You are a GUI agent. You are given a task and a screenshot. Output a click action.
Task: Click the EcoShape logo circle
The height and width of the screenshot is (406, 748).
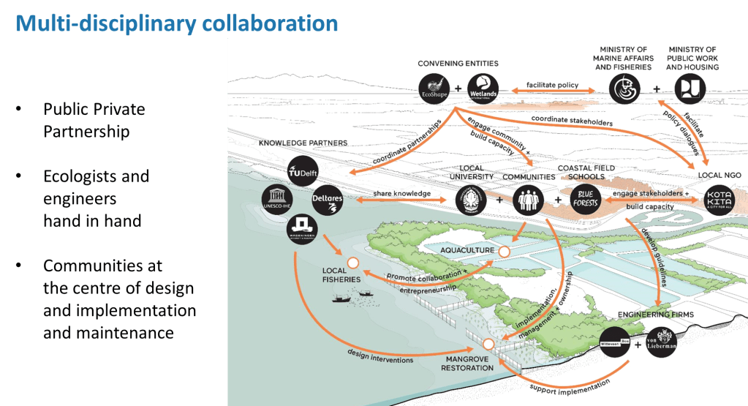(x=434, y=89)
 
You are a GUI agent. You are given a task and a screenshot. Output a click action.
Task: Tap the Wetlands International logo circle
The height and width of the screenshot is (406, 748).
(x=483, y=89)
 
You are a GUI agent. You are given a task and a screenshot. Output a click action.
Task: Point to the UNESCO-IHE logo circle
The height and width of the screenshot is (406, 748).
(x=279, y=200)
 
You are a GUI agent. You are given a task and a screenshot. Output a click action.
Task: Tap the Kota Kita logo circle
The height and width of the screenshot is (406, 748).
(x=717, y=200)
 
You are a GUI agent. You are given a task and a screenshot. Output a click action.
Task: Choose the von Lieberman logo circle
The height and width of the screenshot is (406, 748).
(x=662, y=342)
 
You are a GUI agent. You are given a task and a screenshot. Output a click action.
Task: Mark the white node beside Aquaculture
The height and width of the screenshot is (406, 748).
(x=504, y=251)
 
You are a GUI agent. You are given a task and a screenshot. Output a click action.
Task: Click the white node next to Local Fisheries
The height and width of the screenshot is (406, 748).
(x=353, y=263)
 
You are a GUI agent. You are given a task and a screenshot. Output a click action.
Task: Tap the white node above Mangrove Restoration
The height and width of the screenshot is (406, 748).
(x=488, y=342)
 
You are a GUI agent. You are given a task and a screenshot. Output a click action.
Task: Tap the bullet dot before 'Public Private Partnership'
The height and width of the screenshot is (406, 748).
(x=19, y=109)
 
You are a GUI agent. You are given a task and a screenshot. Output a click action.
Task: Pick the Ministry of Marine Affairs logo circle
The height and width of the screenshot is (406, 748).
(x=623, y=89)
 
